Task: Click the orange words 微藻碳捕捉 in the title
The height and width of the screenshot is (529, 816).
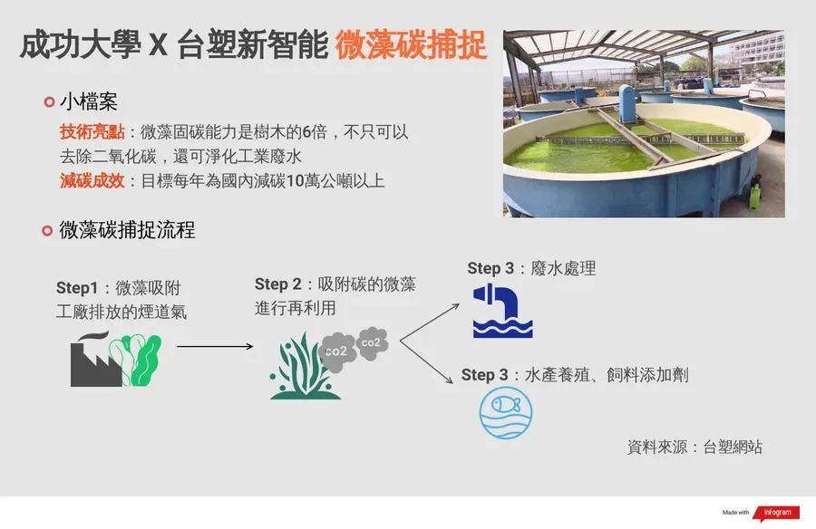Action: (411, 45)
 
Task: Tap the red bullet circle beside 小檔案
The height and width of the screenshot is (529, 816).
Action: (50, 101)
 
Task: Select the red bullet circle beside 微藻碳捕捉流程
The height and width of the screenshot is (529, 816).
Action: (47, 230)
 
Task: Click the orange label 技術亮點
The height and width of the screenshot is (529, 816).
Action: (92, 131)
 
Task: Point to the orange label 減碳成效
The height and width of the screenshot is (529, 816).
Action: (92, 180)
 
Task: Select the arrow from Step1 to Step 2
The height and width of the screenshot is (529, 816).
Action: (215, 346)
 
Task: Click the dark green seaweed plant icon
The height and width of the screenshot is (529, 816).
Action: (305, 367)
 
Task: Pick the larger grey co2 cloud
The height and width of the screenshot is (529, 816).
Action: (337, 351)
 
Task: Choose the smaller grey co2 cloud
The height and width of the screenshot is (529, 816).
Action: (372, 342)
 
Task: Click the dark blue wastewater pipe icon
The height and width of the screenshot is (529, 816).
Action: (502, 311)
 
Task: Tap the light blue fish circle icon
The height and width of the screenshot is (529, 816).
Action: (506, 413)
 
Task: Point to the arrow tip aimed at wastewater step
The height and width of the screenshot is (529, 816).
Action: (459, 305)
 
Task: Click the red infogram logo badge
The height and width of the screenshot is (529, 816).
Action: (776, 513)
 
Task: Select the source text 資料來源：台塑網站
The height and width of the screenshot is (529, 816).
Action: (695, 447)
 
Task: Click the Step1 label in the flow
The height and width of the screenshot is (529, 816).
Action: (77, 288)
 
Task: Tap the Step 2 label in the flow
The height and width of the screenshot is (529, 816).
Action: (278, 284)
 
